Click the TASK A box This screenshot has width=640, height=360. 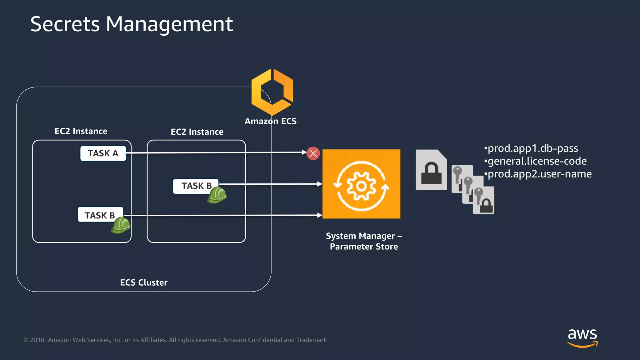[103, 153]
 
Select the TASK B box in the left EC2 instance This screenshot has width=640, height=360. [100, 215]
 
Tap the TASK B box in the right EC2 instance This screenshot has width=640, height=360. [196, 186]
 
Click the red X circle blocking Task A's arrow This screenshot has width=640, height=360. [313, 153]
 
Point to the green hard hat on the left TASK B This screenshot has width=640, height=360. [121, 226]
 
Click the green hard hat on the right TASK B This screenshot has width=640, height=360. [217, 195]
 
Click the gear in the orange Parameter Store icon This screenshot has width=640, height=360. [361, 186]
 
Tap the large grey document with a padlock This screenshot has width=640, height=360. [431, 170]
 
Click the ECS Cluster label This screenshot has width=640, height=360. [144, 282]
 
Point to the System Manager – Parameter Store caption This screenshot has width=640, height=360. [364, 241]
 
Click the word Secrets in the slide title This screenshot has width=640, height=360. [65, 24]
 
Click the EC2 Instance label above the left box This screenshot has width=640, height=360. [81, 131]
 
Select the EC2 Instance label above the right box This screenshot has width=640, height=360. [197, 132]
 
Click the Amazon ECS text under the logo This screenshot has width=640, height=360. [270, 121]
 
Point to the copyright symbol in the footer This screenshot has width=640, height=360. [26, 340]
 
